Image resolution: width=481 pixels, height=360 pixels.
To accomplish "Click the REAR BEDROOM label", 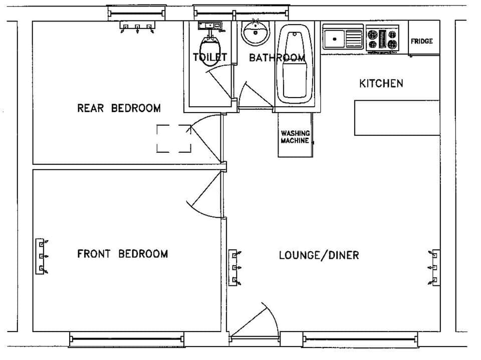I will pos(119,108).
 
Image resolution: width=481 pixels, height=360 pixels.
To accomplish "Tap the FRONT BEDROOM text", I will pos(122,254).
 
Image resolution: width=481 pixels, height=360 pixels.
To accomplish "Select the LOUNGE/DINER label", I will pos(319,255).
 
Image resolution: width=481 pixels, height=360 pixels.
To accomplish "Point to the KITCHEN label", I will pos(381,83).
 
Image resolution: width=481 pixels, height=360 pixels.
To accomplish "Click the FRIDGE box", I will pos(422,39).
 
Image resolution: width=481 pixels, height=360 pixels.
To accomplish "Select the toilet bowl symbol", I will pos(210,42).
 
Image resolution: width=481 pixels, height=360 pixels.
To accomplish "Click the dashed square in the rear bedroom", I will pos(174,138).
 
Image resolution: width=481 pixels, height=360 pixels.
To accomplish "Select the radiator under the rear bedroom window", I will pos(137,26).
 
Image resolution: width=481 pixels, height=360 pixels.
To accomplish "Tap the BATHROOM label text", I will pos(277,58).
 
